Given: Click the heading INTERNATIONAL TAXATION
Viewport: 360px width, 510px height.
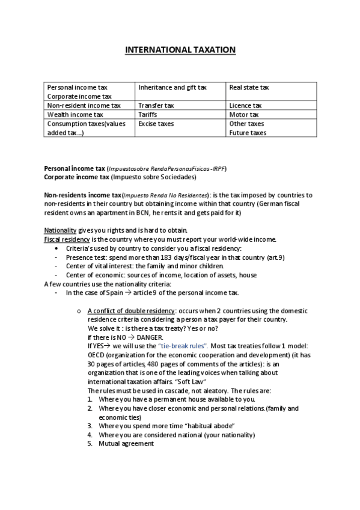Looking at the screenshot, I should [180, 50].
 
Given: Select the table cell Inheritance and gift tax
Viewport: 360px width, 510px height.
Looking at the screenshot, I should [172, 88].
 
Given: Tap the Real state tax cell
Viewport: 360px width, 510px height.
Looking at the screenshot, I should [249, 88].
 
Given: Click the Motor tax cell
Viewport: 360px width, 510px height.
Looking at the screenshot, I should [244, 114].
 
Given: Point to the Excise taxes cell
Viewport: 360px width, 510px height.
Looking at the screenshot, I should [155, 123].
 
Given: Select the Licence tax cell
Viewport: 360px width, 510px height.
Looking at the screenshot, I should [245, 105].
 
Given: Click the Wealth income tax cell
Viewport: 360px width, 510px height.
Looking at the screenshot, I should [75, 114].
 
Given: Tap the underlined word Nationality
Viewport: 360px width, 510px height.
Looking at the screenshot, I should [60, 230].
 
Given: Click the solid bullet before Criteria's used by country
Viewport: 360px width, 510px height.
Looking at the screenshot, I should [56, 248].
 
